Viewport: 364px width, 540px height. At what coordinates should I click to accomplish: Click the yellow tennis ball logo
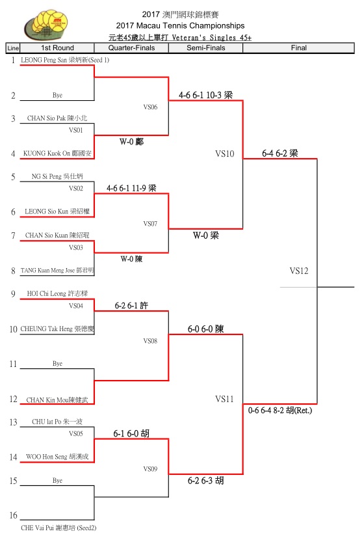coord(46,25)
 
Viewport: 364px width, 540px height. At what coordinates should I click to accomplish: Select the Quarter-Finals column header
coord(131,48)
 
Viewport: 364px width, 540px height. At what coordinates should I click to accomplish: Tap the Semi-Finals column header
coord(206,48)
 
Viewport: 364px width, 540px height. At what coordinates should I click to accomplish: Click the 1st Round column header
coord(57,48)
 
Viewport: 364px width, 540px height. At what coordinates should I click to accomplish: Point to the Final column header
coord(298,48)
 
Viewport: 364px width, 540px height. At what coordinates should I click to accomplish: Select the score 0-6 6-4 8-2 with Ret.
coord(280,410)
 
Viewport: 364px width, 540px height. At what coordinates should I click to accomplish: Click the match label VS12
coord(298,271)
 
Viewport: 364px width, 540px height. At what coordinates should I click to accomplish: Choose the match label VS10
coord(225,154)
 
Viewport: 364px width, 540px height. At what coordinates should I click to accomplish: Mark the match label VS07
coord(150,224)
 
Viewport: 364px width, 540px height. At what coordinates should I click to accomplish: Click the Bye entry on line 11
coord(57,363)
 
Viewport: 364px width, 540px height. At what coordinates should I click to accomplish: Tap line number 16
coord(13,515)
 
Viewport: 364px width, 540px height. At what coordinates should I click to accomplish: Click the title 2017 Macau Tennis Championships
coord(180,25)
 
